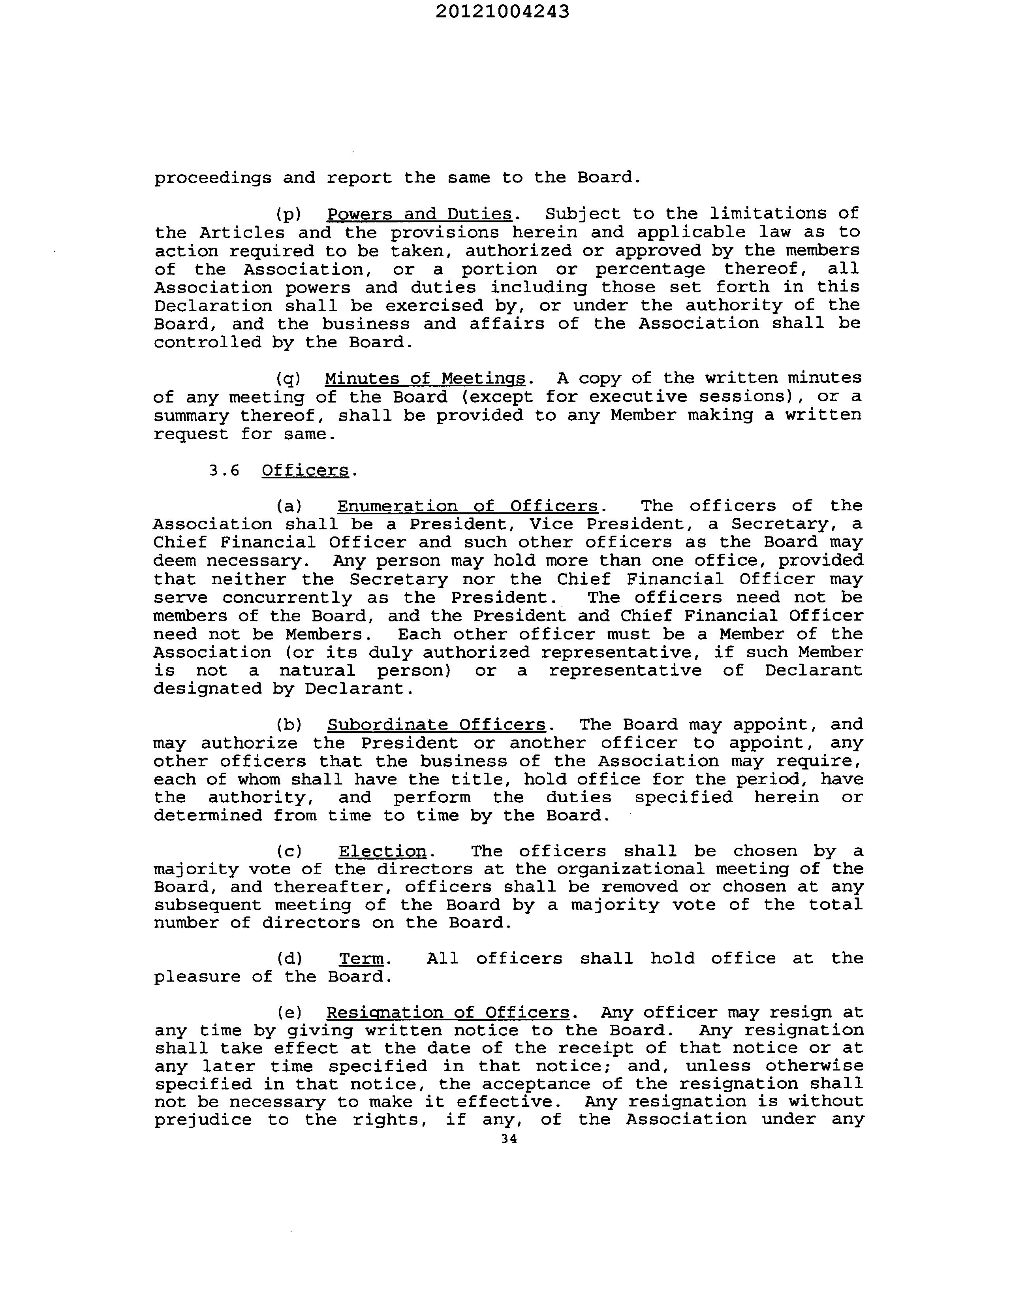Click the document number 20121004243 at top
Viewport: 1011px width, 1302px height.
[x=502, y=11]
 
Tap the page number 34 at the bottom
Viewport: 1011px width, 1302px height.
[x=509, y=1138]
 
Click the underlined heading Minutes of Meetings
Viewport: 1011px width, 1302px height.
[x=425, y=378]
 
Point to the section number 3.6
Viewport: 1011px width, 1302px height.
[x=224, y=470]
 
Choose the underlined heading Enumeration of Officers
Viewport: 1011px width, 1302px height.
[x=467, y=506]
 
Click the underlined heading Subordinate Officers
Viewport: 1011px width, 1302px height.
[x=436, y=724]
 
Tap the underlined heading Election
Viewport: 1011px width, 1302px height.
[x=383, y=851]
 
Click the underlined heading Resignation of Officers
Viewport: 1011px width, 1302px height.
[x=448, y=1012]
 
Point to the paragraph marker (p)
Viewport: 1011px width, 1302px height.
[x=289, y=214]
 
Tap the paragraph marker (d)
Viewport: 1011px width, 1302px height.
[x=290, y=959]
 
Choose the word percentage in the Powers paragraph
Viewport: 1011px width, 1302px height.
[x=650, y=269]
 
